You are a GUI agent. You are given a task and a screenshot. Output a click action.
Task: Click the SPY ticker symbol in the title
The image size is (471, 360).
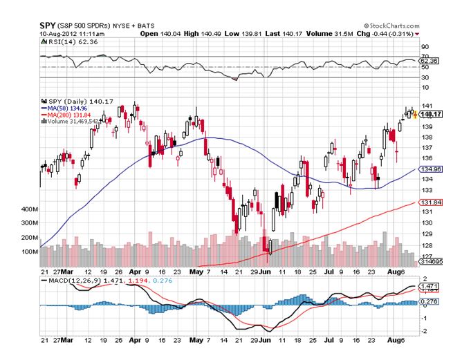click(x=47, y=25)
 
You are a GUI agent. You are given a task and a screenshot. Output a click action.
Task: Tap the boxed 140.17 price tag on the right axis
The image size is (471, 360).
click(x=430, y=115)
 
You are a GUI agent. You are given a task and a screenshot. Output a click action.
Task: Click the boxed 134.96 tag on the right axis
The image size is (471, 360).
click(x=430, y=169)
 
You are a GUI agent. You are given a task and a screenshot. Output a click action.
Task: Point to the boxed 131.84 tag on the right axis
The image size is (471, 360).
click(x=430, y=202)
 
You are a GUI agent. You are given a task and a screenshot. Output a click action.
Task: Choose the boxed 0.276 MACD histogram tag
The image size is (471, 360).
click(x=430, y=302)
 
